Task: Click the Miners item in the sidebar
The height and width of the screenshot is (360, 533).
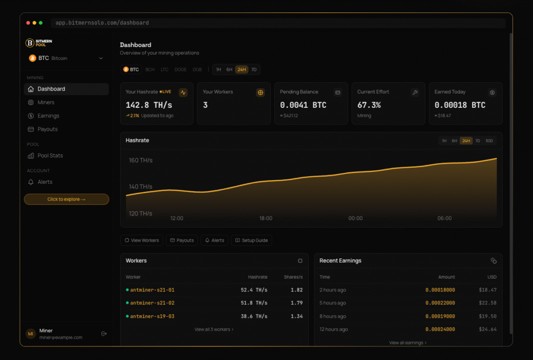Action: (46, 103)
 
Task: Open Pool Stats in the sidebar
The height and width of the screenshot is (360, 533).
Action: (50, 156)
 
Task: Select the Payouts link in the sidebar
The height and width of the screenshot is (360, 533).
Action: (47, 129)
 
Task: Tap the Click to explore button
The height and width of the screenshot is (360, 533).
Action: (66, 199)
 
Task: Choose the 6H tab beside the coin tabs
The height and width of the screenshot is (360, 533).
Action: (229, 69)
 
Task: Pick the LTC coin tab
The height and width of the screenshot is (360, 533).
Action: (164, 69)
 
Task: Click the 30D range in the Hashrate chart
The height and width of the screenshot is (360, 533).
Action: (489, 141)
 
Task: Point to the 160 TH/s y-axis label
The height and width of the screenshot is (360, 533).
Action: (141, 160)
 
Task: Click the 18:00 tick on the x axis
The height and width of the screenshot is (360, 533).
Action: (265, 218)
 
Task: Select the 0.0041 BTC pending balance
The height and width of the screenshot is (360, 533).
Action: (303, 105)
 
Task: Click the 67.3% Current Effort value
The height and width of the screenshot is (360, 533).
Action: (369, 105)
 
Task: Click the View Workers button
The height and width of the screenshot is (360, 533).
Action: (142, 240)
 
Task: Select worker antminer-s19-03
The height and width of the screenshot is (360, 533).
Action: (152, 316)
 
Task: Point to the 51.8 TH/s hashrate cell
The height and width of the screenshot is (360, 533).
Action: (254, 303)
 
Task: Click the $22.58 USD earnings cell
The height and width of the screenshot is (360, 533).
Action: (487, 303)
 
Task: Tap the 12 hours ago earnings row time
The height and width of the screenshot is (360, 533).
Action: (334, 329)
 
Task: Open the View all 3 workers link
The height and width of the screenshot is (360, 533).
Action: (214, 329)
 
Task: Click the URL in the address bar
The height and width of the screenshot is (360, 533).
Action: (102, 23)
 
